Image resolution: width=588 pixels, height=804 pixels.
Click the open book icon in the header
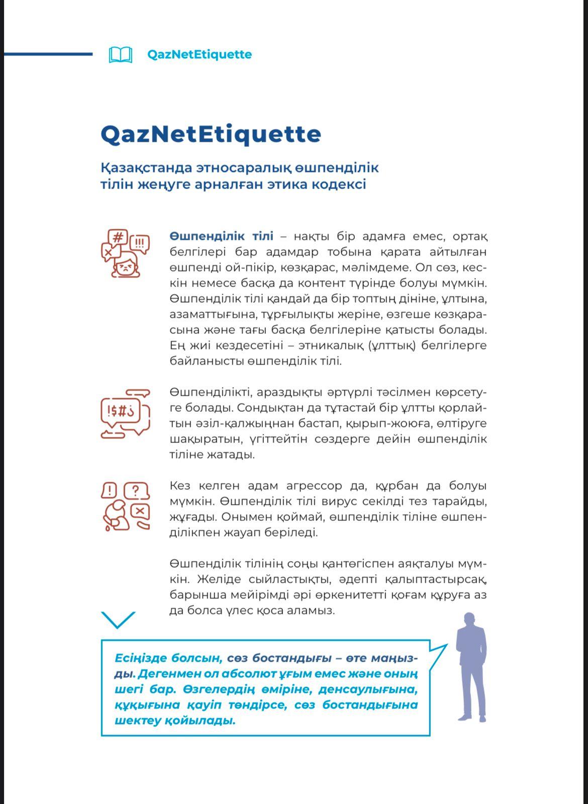(x=121, y=54)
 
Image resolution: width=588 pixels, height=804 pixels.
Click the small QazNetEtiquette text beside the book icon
(x=199, y=54)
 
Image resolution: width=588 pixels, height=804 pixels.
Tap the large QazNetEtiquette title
(x=211, y=134)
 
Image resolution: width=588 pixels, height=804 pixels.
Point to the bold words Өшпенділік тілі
(x=221, y=236)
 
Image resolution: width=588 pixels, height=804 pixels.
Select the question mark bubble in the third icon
(x=136, y=491)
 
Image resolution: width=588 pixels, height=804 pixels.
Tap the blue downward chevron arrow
(x=118, y=619)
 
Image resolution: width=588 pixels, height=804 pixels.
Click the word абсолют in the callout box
(x=230, y=674)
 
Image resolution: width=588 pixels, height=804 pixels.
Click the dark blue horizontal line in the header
(x=48, y=54)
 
